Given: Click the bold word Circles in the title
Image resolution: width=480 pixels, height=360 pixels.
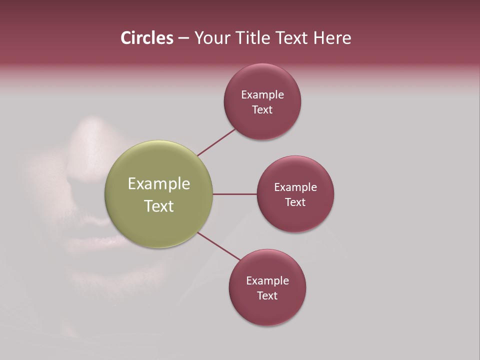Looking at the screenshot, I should [x=146, y=38].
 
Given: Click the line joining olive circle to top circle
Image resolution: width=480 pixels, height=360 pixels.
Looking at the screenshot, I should [x=216, y=141].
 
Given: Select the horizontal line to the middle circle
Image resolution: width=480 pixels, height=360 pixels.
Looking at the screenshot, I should [x=234, y=194].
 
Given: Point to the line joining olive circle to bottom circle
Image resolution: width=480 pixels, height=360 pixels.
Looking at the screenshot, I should [x=219, y=246].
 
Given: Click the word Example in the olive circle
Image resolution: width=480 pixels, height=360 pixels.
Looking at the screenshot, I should [x=159, y=184].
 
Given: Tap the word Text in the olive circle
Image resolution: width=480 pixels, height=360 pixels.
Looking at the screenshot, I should [x=159, y=206].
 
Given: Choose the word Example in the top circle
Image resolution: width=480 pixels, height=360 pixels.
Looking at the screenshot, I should [x=262, y=95].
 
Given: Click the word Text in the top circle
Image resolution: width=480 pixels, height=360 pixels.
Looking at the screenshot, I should [x=262, y=110].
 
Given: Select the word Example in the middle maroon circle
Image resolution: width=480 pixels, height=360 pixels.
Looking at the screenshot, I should [x=295, y=187].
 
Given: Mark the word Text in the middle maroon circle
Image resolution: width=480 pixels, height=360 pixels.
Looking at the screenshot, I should [x=295, y=202].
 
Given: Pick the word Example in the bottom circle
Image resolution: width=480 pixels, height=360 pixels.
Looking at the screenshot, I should [x=267, y=281].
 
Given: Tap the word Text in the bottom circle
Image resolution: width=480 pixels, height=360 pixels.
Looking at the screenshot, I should [x=267, y=296].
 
